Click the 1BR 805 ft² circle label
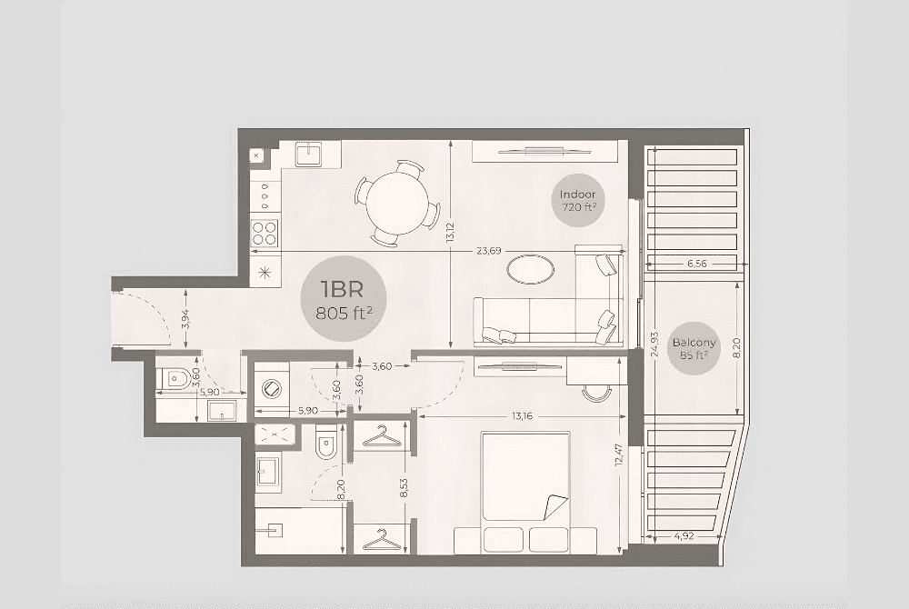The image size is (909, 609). click(x=344, y=298)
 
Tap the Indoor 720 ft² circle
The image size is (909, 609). click(x=577, y=200)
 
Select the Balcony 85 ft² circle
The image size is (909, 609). click(x=694, y=348)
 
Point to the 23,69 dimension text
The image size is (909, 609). click(x=489, y=251)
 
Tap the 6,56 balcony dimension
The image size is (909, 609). click(x=697, y=263)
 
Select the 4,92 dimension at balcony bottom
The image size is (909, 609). click(x=684, y=536)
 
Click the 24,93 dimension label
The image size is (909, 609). click(x=655, y=344)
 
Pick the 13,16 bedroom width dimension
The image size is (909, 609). click(x=522, y=416)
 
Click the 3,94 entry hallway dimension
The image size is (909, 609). click(x=185, y=319)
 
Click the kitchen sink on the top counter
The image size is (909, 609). click(x=310, y=154)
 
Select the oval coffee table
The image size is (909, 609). click(x=531, y=269)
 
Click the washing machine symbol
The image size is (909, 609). click(x=270, y=387)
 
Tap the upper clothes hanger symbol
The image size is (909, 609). click(x=381, y=436)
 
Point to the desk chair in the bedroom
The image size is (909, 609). click(x=596, y=393)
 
